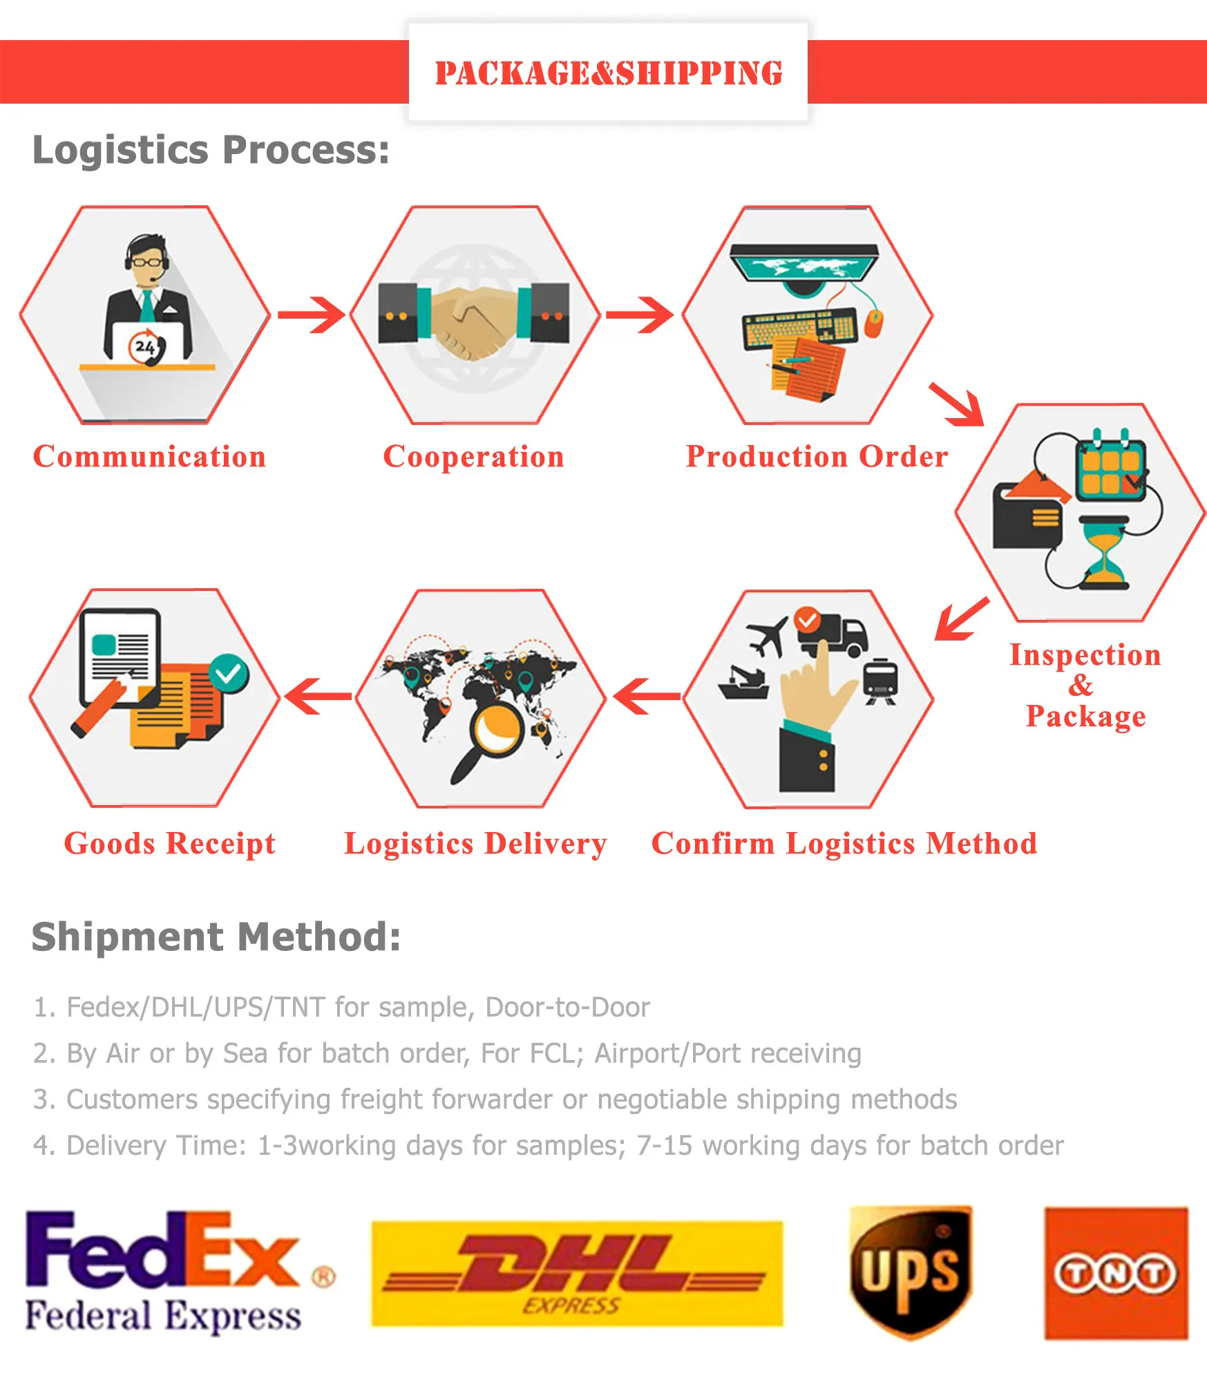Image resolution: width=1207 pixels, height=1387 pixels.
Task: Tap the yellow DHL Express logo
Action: (x=577, y=1273)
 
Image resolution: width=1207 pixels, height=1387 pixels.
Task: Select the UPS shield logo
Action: (x=910, y=1272)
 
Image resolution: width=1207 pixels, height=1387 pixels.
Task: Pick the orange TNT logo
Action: (x=1116, y=1273)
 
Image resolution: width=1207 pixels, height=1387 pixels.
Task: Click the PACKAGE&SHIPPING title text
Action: (x=608, y=73)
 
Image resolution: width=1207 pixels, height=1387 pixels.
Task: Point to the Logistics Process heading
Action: (x=211, y=150)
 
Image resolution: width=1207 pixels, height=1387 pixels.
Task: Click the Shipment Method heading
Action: (x=216, y=937)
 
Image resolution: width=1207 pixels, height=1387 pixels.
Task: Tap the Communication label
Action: (x=149, y=457)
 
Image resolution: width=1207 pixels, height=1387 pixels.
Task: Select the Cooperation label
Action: (x=473, y=457)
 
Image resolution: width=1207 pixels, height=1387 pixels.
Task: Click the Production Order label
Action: (x=816, y=457)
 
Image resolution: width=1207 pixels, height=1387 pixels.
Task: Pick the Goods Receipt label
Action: (x=169, y=844)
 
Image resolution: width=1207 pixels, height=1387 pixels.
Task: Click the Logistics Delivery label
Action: (x=475, y=844)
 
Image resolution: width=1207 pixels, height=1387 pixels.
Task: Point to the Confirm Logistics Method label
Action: (x=844, y=844)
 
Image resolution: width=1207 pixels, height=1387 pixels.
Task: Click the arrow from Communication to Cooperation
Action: (x=311, y=315)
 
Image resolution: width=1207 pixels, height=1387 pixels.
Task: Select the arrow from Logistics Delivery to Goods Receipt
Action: (x=318, y=696)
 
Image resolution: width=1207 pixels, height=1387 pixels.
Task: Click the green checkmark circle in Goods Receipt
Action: (x=228, y=672)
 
